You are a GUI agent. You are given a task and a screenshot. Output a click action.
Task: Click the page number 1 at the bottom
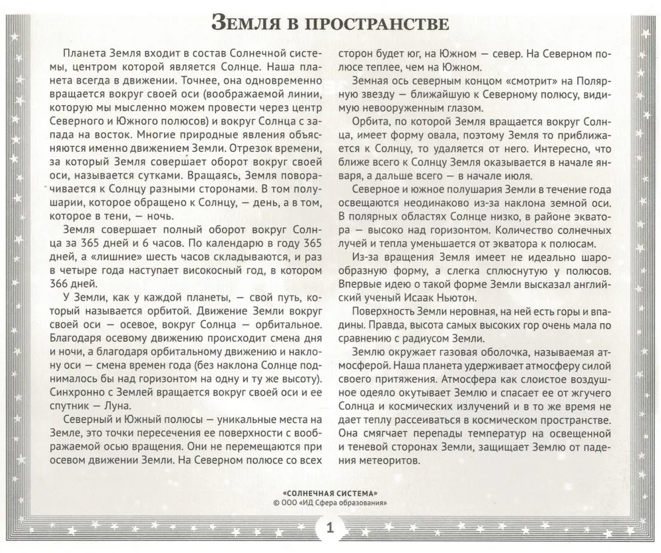tap(330, 529)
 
